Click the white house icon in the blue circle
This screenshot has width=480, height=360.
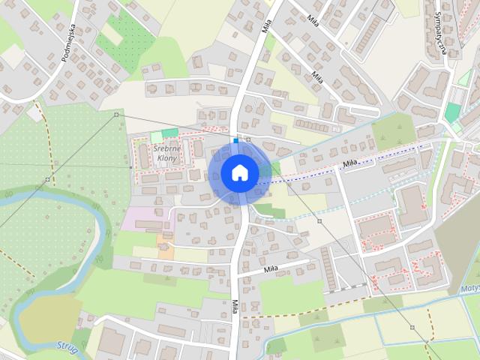(x=240, y=172)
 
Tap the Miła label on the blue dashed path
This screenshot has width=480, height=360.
(x=347, y=162)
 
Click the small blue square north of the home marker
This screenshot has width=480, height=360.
(x=235, y=140)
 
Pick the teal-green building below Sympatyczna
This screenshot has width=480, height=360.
(x=451, y=112)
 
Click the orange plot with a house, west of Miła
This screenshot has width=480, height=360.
(x=164, y=244)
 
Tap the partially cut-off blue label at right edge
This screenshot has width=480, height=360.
(x=471, y=286)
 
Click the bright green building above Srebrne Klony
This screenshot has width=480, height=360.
(x=170, y=133)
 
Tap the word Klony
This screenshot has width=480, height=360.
(x=166, y=158)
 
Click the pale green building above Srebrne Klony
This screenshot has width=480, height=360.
(x=156, y=136)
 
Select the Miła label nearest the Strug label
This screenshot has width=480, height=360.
(x=235, y=308)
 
